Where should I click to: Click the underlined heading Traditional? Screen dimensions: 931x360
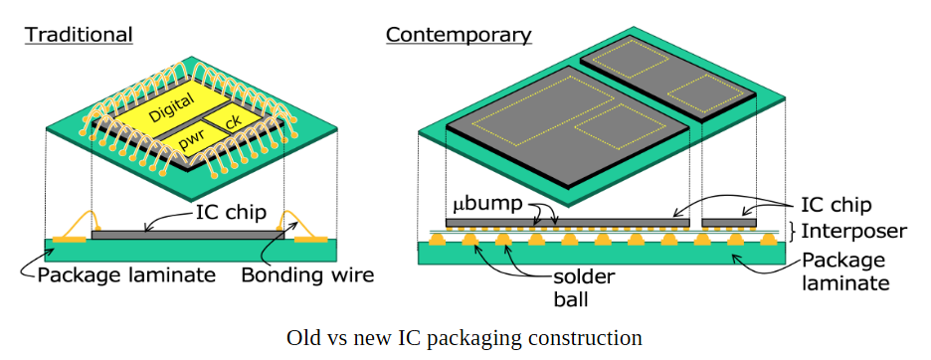79,35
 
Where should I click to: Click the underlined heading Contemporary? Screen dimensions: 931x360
459,35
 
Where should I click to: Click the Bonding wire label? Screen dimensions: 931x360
307,275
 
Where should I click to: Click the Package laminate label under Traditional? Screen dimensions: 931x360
126,275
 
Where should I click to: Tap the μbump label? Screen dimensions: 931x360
488,204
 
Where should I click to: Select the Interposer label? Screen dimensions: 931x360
854,231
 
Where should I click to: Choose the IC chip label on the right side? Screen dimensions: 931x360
836,205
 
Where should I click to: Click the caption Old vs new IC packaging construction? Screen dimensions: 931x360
465,337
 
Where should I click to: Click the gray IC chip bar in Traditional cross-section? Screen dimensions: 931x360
188,236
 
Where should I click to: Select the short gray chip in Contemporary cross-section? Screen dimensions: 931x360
729,223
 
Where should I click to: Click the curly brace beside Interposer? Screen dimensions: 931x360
793,231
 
